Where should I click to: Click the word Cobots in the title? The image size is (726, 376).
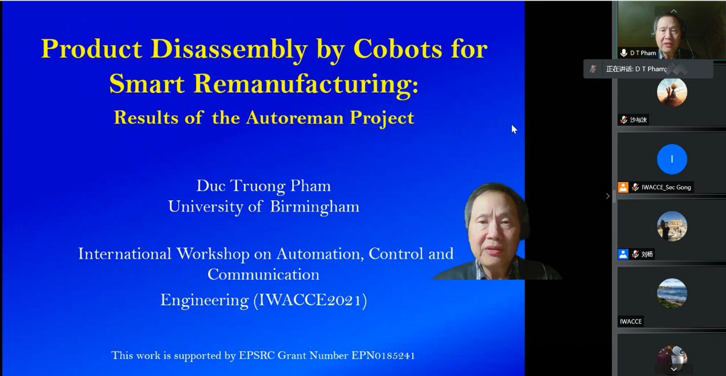[x=398, y=49]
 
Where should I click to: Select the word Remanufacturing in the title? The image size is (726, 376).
[x=306, y=84]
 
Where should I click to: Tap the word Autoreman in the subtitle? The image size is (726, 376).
[x=295, y=118]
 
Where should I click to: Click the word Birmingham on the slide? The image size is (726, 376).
[x=315, y=207]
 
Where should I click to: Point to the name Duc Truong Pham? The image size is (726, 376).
[x=263, y=187]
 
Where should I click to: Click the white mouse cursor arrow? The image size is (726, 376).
[x=514, y=129]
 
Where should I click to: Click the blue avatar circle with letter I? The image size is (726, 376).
[x=672, y=159]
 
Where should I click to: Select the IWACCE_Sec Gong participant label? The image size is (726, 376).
[x=666, y=187]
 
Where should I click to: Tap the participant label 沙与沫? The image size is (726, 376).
[x=639, y=120]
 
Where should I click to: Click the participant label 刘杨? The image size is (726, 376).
[x=647, y=254]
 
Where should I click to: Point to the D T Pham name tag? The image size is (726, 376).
[x=643, y=53]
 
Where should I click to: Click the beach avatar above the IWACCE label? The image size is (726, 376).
[x=672, y=293]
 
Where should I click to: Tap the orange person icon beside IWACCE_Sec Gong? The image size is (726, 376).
[x=623, y=187]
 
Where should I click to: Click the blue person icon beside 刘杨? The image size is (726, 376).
[x=623, y=254]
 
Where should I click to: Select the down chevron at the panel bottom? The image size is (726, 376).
[x=674, y=369]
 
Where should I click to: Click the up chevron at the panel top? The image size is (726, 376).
[x=674, y=11]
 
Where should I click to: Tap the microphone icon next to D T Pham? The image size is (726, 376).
[x=623, y=53]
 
